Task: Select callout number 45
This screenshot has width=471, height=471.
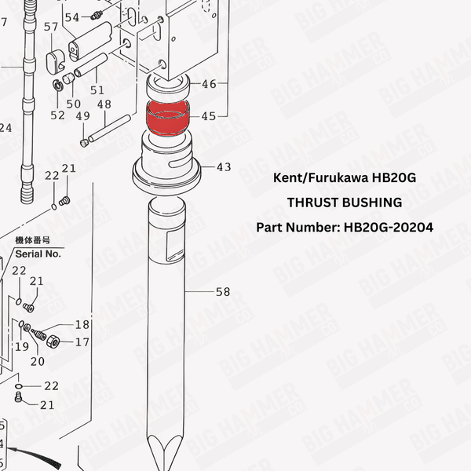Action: point(208,116)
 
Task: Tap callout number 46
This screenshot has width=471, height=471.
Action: point(209,84)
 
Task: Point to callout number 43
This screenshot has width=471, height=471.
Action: point(224,167)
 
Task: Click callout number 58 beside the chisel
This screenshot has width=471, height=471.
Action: point(223,292)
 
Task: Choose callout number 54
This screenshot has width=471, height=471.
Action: point(72,17)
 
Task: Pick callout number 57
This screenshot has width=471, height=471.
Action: point(51,27)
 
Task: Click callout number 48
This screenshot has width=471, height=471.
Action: point(104,104)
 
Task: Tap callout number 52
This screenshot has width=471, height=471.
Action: point(58,115)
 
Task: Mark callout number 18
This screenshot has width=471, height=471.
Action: point(82,325)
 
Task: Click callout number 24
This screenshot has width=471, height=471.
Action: point(5,127)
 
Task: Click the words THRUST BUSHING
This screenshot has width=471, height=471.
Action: point(345,203)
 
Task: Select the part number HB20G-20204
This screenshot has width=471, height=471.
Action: point(345,227)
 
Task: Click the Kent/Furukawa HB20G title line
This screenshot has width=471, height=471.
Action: point(345,178)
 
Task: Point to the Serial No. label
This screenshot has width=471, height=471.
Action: point(38,254)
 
